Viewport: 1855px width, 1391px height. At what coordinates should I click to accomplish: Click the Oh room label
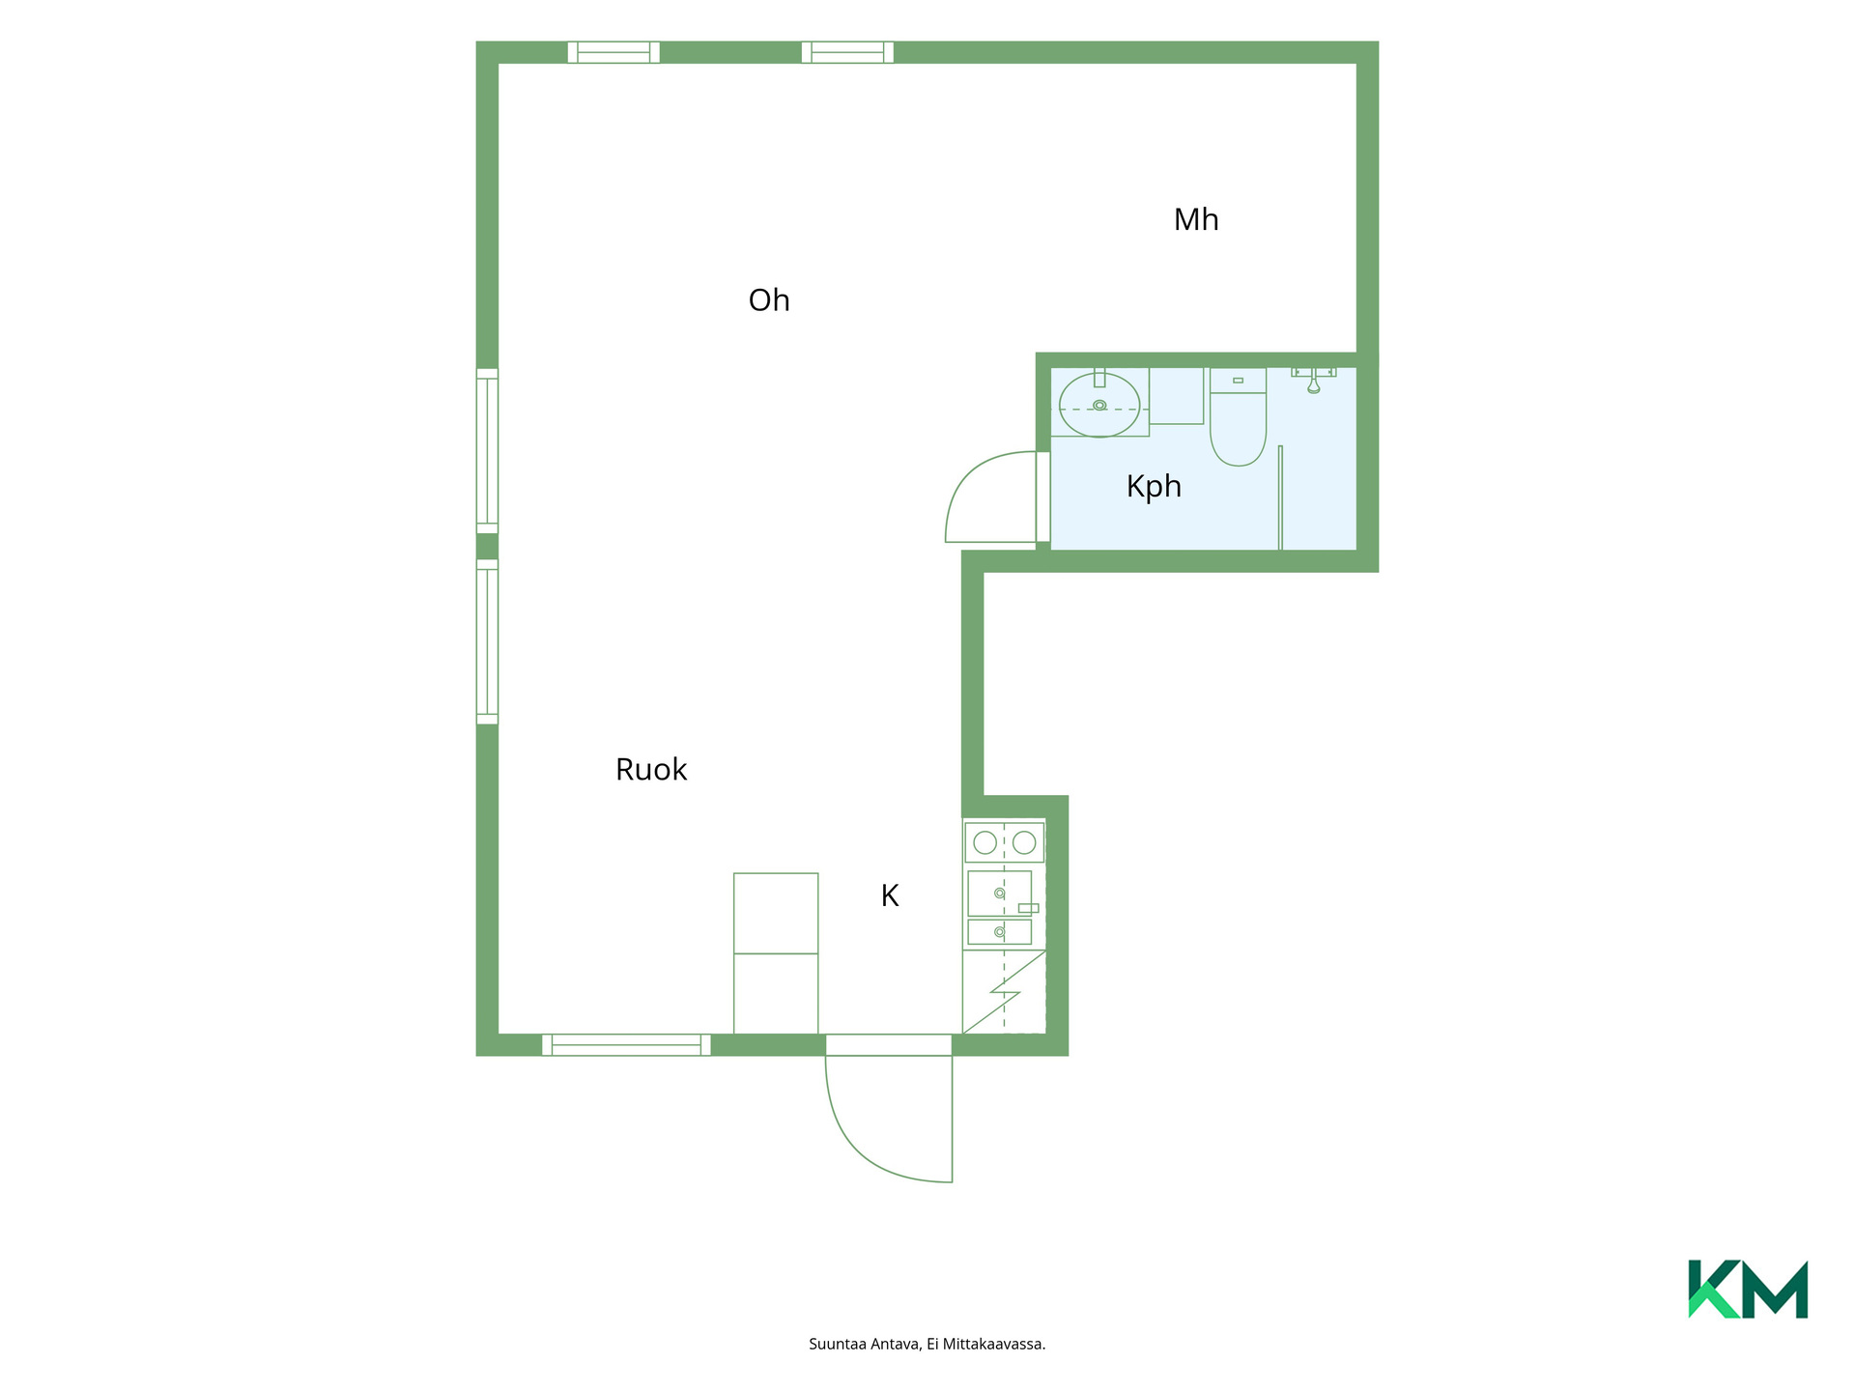(769, 300)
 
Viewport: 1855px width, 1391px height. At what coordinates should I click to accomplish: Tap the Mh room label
(1196, 220)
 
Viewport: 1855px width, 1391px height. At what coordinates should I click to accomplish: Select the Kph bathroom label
(1154, 486)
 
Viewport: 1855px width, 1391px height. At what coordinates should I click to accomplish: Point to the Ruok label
(651, 770)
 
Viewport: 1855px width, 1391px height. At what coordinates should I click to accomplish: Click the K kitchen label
(890, 896)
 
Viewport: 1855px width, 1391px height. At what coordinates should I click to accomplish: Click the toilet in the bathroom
(1238, 416)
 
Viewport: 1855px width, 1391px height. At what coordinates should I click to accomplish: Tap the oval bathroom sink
(1099, 405)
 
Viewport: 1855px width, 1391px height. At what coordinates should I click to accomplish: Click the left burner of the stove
(985, 842)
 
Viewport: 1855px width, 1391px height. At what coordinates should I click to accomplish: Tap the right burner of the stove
(1024, 842)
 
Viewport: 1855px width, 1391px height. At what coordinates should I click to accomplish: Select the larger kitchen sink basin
(999, 894)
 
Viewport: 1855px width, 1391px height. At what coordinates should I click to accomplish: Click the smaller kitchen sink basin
(999, 932)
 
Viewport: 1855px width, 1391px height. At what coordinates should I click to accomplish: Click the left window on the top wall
(614, 52)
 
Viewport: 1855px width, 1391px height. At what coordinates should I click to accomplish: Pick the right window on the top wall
(847, 52)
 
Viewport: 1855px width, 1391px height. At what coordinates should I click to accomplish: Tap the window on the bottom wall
(626, 1045)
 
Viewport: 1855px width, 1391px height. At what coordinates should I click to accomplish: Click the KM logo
(1748, 1289)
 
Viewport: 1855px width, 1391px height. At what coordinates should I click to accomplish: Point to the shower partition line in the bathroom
(1280, 498)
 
